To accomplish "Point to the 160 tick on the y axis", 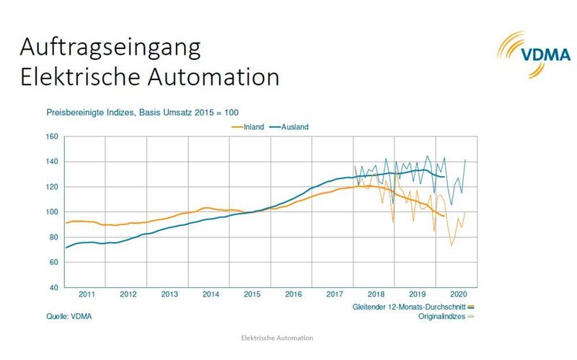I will [x=51, y=136].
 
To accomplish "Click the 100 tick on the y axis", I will [x=51, y=212].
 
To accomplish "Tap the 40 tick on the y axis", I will [x=53, y=288].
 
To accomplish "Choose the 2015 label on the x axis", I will [x=251, y=294].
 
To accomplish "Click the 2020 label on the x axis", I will [x=459, y=294].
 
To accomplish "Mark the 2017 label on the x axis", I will [x=334, y=294].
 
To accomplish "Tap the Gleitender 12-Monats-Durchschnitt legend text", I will [x=413, y=306].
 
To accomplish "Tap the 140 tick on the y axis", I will [x=51, y=162].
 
